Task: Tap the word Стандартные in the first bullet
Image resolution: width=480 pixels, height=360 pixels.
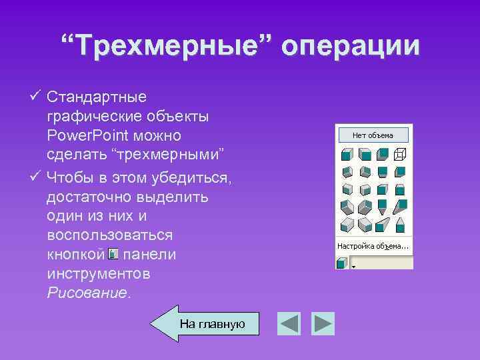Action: pos(97,97)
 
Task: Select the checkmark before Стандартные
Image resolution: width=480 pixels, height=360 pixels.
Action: pos(37,97)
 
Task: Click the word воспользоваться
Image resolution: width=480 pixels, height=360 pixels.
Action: pos(110,235)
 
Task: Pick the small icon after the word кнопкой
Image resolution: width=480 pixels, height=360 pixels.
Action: pos(113,254)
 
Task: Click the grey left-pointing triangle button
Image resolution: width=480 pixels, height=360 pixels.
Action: pos(289,324)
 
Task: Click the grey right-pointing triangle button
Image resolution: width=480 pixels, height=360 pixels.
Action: pos(323,324)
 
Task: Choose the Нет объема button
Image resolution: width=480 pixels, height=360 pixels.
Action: pos(373,135)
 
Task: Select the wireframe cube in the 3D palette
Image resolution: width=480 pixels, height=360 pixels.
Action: pos(399,154)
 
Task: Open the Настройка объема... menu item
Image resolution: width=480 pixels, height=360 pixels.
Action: pos(373,246)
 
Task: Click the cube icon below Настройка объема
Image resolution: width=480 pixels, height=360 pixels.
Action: pos(342,263)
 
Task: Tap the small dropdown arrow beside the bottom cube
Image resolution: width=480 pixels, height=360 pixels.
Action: pos(354,265)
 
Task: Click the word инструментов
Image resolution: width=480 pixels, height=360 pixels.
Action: pos(99,273)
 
